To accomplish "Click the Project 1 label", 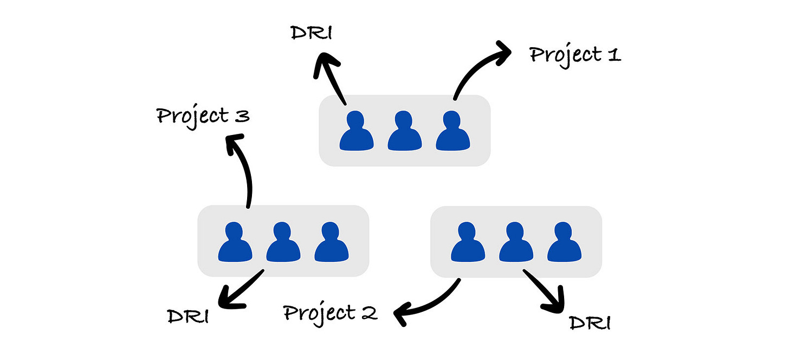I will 574,55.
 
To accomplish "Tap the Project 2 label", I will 330,313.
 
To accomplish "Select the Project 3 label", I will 203,115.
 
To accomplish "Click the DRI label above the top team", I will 311,33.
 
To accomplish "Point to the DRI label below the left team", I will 187,316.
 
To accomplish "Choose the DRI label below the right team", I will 590,323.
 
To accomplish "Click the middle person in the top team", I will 404,131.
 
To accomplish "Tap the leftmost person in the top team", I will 356,131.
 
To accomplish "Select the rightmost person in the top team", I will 452,131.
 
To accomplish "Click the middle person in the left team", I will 283,241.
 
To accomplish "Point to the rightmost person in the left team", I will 331,241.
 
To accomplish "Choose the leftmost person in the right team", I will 468,241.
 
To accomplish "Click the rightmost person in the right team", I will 564,241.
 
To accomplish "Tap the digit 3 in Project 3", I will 242,116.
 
